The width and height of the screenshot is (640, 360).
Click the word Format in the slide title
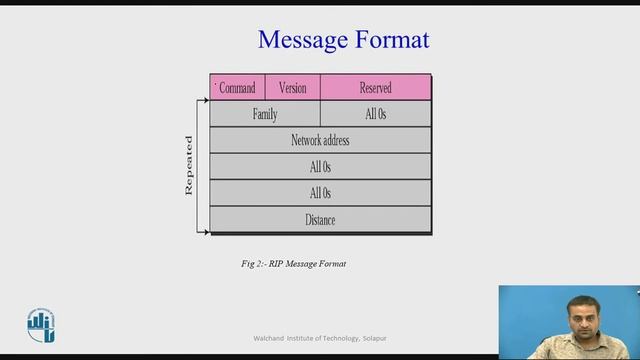click(392, 40)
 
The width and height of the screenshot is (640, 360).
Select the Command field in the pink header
click(237, 88)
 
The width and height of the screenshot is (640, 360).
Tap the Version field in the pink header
click(293, 88)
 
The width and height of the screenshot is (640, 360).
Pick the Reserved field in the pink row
click(375, 88)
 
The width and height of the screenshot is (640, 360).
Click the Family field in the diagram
click(265, 114)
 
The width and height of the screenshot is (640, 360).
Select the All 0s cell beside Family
click(375, 114)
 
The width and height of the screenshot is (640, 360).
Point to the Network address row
click(320, 140)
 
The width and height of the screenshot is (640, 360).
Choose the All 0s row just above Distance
click(320, 193)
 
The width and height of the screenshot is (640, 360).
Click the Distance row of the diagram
click(320, 219)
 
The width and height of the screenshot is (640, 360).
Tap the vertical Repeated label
click(189, 165)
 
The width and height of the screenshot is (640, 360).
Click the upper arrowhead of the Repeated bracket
click(206, 101)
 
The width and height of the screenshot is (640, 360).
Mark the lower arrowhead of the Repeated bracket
click(206, 232)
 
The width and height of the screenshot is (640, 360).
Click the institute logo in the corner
click(41, 324)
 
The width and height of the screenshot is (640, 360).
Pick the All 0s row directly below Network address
click(320, 166)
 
